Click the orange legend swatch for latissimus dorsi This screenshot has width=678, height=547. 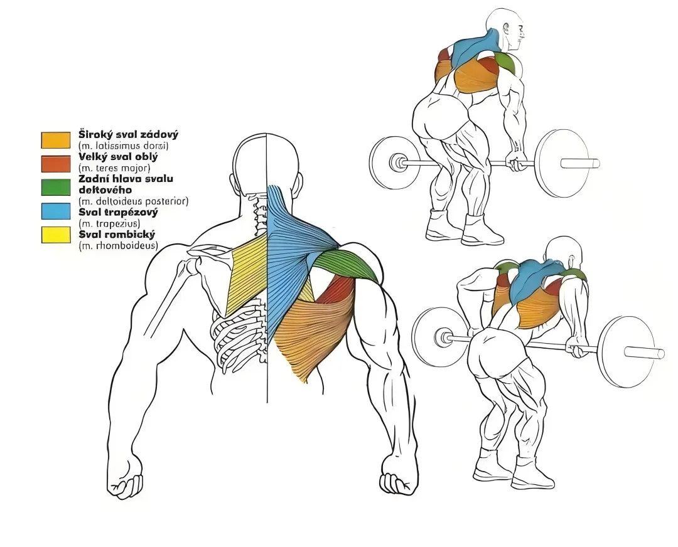tap(56, 140)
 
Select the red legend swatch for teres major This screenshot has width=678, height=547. tap(56, 164)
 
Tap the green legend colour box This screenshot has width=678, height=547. tap(56, 187)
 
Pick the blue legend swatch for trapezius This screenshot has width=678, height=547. tap(56, 211)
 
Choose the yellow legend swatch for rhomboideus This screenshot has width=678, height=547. tap(56, 235)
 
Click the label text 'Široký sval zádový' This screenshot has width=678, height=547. tap(129, 134)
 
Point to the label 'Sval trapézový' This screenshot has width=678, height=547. tap(118, 212)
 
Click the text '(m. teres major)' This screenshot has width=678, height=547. tap(114, 167)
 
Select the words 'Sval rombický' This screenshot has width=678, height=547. tap(116, 235)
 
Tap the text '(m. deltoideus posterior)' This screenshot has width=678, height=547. tap(133, 201)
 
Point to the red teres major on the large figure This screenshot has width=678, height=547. tap(335, 289)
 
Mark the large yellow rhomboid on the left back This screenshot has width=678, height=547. tap(247, 273)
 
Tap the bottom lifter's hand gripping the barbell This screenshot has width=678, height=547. tap(578, 348)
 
